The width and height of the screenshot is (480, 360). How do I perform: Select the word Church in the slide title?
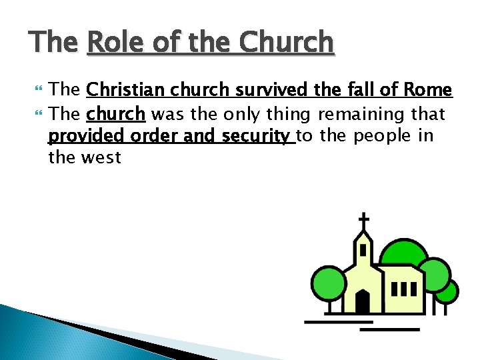(x=286, y=43)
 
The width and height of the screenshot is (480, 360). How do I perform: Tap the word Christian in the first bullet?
(x=127, y=90)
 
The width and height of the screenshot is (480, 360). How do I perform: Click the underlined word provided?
(x=87, y=136)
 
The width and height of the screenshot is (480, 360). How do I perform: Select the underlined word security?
(x=257, y=136)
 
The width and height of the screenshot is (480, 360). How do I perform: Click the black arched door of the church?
(x=363, y=301)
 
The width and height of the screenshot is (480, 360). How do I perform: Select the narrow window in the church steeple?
(x=363, y=250)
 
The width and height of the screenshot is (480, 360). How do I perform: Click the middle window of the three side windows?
(x=403, y=289)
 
